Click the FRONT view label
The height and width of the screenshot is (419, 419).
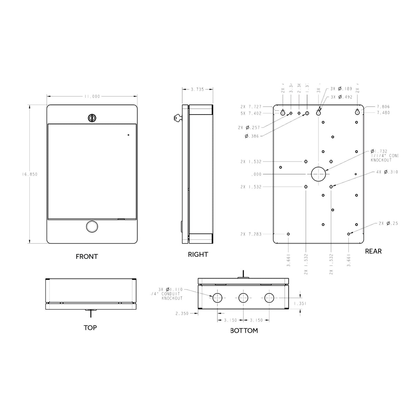(87, 256)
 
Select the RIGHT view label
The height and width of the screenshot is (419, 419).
(198, 254)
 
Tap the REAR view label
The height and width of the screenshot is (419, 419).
(373, 251)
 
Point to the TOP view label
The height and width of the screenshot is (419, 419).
(90, 328)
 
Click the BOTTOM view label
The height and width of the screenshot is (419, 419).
(244, 331)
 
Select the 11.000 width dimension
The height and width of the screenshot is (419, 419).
(92, 97)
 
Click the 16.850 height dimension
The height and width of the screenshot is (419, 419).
(29, 174)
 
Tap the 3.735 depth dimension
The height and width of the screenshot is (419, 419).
(197, 89)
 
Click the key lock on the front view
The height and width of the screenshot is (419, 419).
(92, 118)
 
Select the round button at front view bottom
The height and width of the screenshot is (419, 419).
(92, 226)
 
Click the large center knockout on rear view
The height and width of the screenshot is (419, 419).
(318, 174)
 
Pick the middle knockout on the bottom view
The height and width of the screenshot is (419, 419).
(243, 298)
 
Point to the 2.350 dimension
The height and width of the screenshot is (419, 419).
(182, 314)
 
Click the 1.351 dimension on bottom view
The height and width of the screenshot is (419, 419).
(300, 304)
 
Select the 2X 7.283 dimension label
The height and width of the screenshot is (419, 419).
(251, 234)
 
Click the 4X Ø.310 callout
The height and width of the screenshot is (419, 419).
(387, 172)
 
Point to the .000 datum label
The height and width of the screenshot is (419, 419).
(256, 174)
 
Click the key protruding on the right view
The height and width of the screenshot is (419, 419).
(178, 118)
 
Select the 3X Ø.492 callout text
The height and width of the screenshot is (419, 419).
(341, 97)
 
